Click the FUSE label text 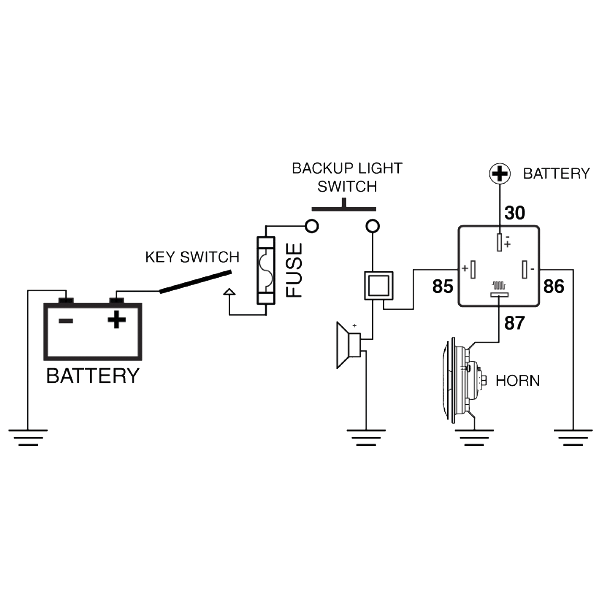click(294, 270)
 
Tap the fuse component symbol click(266, 270)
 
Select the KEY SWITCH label click(192, 257)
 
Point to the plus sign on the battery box click(117, 319)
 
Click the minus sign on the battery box click(66, 321)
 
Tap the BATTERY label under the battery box click(93, 376)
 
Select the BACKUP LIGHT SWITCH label click(347, 177)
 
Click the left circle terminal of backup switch click(312, 226)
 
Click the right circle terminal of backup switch click(372, 226)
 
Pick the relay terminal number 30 click(514, 213)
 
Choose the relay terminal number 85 click(443, 287)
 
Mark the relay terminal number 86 click(554, 287)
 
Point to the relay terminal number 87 click(514, 323)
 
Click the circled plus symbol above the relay click(500, 174)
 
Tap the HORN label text click(517, 381)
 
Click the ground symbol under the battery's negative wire click(28, 437)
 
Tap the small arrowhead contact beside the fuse click(229, 292)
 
